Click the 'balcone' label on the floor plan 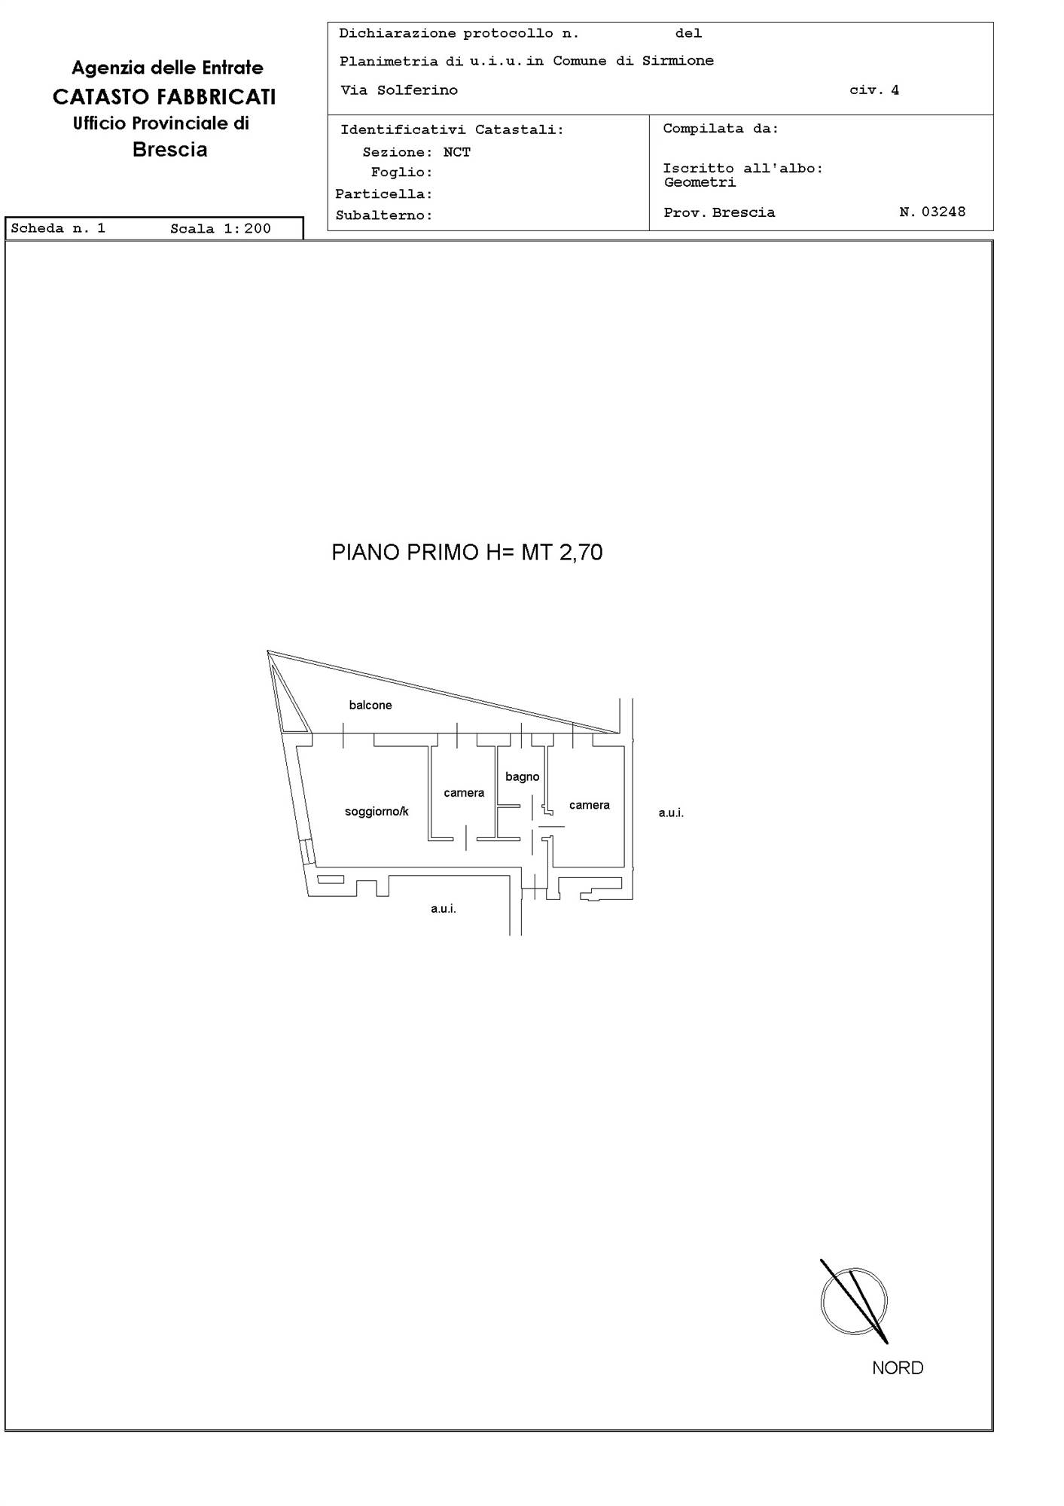click(x=370, y=705)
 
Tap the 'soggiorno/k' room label click(x=377, y=811)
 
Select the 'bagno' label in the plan click(x=523, y=777)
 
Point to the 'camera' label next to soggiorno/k click(x=464, y=793)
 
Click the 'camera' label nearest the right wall click(x=590, y=805)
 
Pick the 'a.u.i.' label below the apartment click(x=444, y=909)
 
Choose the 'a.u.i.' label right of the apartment click(x=671, y=813)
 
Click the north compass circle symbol click(x=854, y=1301)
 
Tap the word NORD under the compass click(x=898, y=1368)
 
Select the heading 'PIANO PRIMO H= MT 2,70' click(x=467, y=553)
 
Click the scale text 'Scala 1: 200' click(x=221, y=229)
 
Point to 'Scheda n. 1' click(x=58, y=228)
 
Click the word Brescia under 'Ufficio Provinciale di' click(x=170, y=149)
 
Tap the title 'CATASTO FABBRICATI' click(x=164, y=97)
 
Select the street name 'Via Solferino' click(x=399, y=90)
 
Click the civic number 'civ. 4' click(x=874, y=90)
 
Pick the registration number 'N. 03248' click(x=932, y=212)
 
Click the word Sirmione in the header click(x=678, y=61)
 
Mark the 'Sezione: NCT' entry click(x=416, y=152)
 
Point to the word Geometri click(x=700, y=182)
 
